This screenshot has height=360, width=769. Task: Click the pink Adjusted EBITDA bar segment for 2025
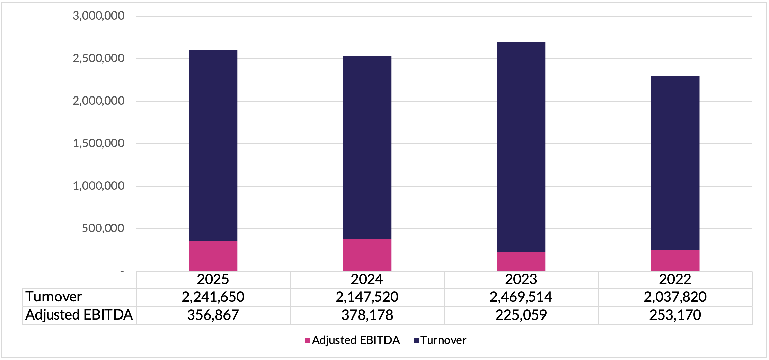213,256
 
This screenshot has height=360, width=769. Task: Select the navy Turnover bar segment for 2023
521,147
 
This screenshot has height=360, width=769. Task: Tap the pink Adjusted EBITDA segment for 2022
675,260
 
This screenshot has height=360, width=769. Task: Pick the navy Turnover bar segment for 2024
367,148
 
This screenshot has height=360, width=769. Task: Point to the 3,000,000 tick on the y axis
99,16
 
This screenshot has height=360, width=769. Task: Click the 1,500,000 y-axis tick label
99,143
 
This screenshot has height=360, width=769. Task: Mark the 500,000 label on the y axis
103,228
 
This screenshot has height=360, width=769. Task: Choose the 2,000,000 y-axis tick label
99,101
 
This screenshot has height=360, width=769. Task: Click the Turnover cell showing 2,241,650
213,297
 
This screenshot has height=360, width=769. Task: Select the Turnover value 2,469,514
521,297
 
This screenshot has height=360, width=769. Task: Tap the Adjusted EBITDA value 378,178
367,315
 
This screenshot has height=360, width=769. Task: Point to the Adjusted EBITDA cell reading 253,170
675,315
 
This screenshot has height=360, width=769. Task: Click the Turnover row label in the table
54,297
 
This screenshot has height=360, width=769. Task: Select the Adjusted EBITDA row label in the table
79,315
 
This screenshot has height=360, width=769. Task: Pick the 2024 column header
367,279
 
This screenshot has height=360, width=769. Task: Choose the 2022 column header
675,279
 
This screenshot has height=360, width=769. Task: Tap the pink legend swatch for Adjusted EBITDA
307,340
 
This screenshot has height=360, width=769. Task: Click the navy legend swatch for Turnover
416,340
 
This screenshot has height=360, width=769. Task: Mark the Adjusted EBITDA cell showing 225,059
521,315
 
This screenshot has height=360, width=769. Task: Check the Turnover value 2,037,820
675,297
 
